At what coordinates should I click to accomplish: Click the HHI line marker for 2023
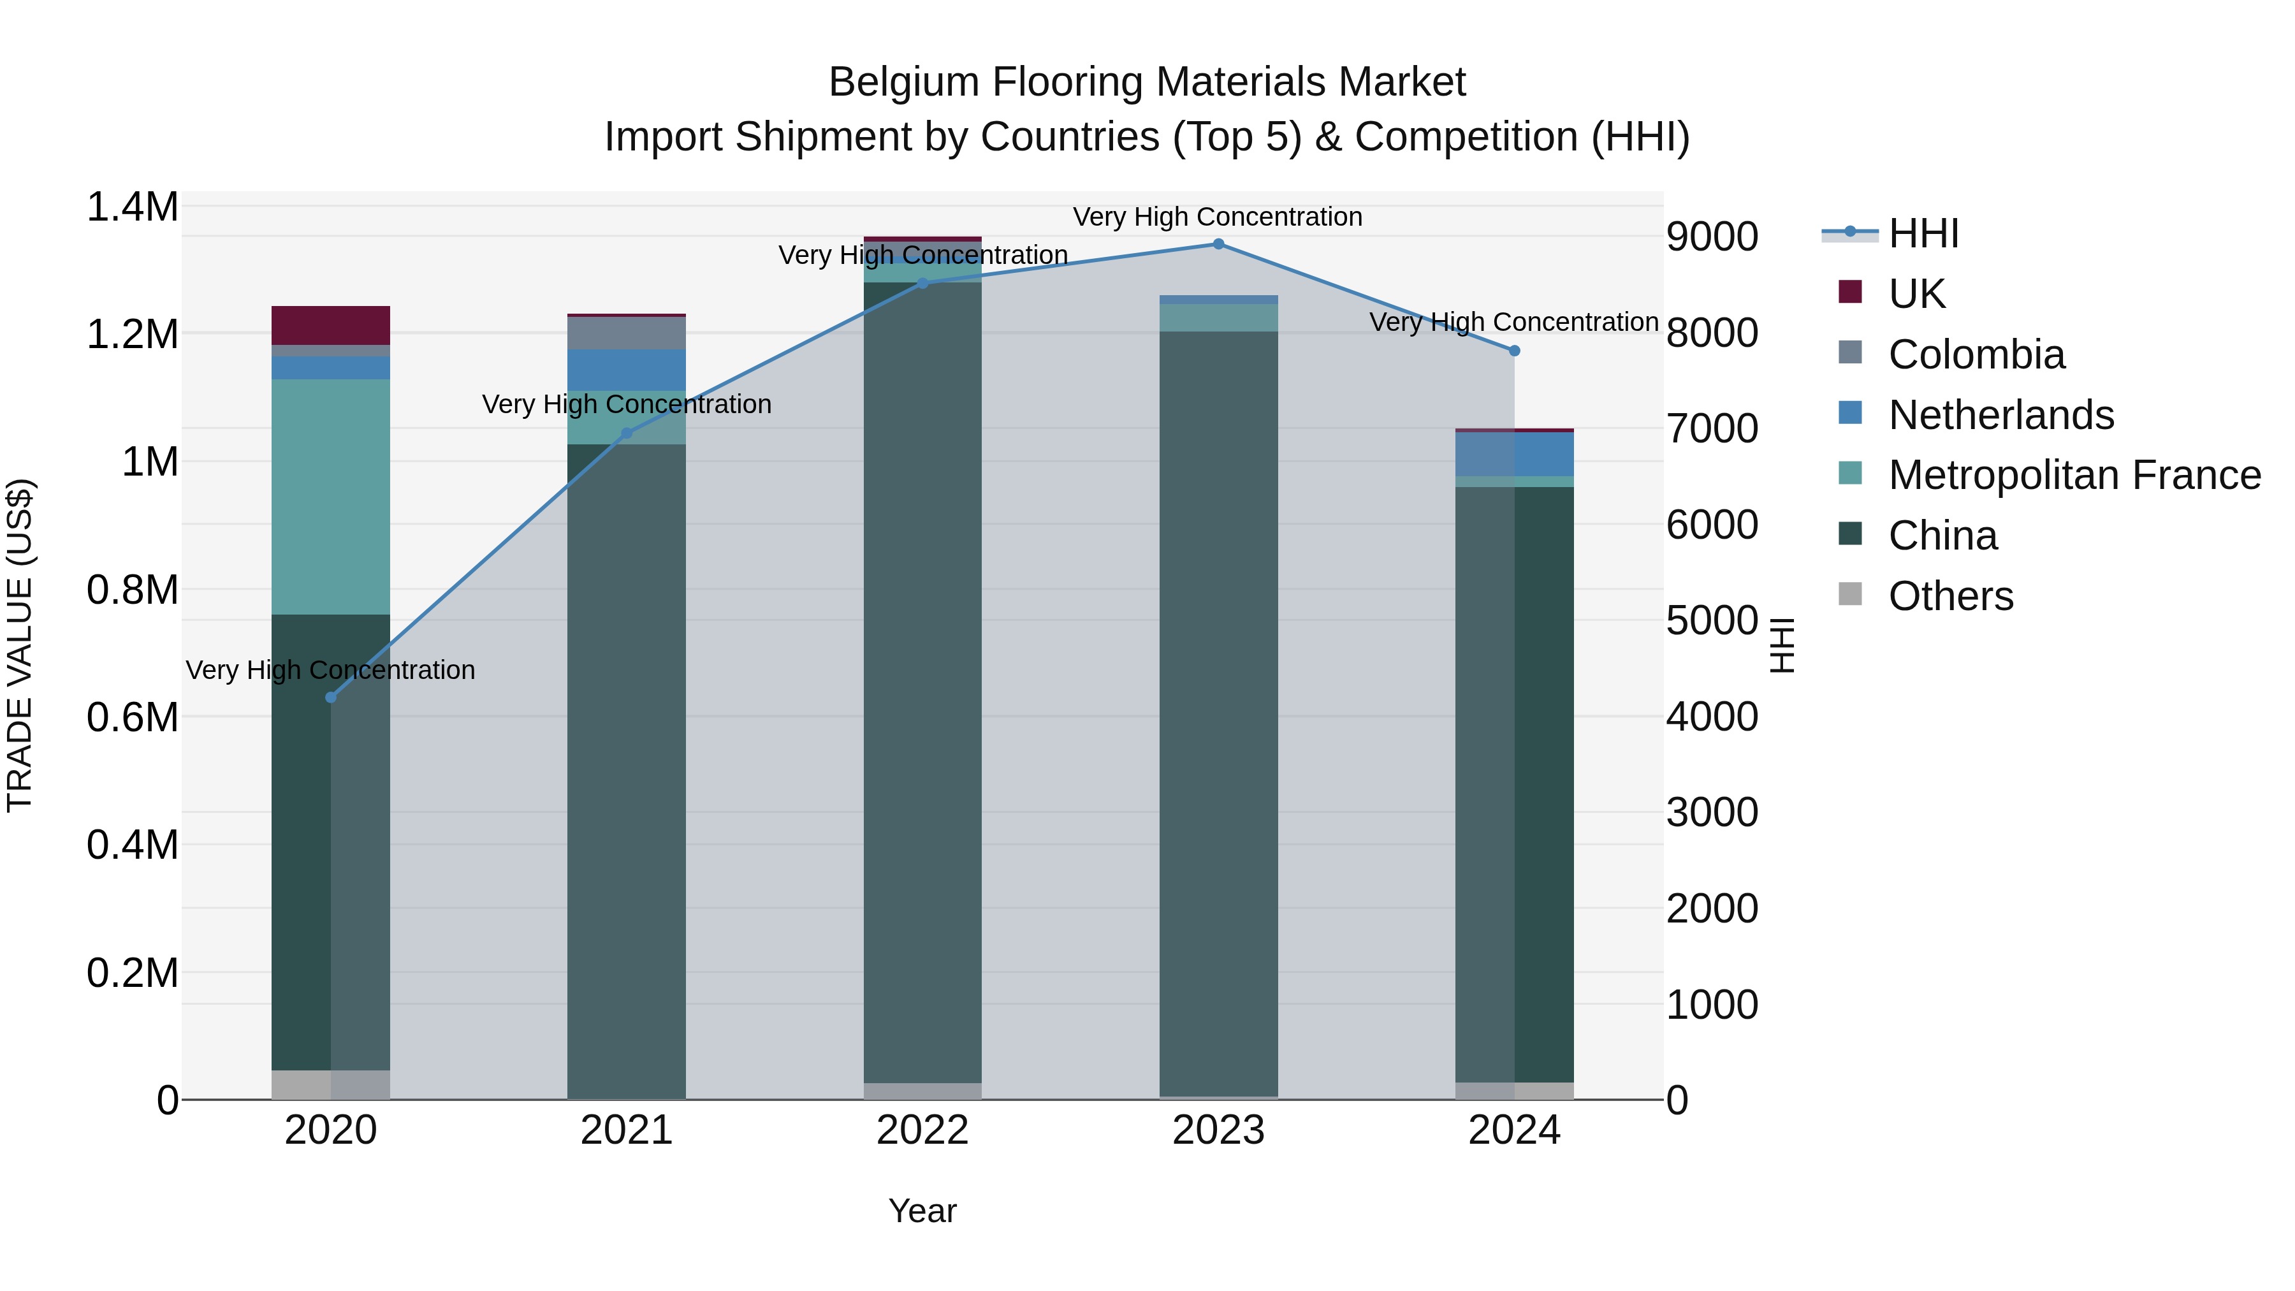tap(1218, 244)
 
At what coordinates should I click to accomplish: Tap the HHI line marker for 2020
tap(330, 697)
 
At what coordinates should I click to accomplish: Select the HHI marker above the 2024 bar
tap(1513, 351)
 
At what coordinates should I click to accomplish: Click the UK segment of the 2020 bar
tap(330, 325)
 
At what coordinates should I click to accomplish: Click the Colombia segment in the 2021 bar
tap(626, 333)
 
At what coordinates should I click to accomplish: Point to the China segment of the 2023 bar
tap(1218, 713)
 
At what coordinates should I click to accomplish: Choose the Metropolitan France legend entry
tap(2073, 475)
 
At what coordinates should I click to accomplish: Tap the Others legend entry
tap(1950, 596)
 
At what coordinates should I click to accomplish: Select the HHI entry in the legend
tap(1923, 233)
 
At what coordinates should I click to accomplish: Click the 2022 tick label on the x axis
tap(922, 1130)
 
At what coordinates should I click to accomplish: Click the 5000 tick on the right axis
tap(1712, 621)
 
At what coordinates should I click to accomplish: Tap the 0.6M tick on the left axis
tap(133, 717)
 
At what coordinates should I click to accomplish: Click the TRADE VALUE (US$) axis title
tap(20, 645)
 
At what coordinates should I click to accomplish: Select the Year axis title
tap(922, 1211)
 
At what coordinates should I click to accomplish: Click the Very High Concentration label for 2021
tap(626, 404)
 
